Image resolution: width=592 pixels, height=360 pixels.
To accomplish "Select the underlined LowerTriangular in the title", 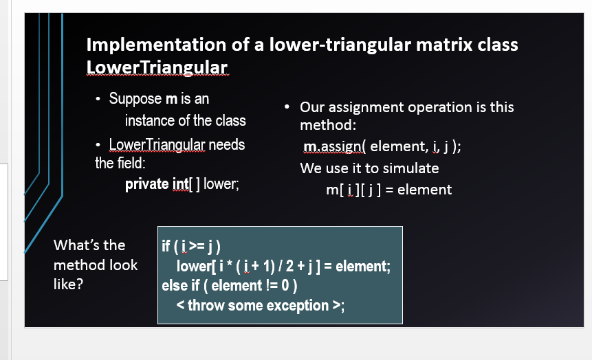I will tap(157, 67).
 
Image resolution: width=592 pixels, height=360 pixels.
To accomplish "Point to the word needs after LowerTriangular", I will tap(226, 145).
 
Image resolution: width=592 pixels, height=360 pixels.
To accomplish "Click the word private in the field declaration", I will tap(146, 183).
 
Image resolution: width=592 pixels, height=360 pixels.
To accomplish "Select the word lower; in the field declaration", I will tap(221, 183).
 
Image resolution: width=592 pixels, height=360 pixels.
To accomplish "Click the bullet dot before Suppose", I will tap(99, 100).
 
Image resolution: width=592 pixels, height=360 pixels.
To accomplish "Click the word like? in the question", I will tap(68, 284).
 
